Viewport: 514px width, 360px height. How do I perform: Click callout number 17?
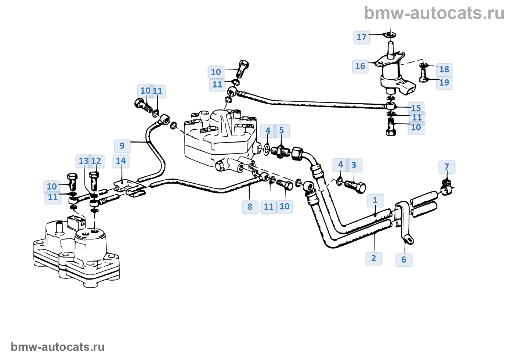point(362,37)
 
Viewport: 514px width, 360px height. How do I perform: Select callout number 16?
point(360,66)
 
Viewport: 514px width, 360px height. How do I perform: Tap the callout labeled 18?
point(444,69)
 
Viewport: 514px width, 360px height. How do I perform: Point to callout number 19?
point(444,83)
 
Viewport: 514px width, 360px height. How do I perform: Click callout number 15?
point(416,108)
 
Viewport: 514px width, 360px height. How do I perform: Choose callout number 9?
point(122,146)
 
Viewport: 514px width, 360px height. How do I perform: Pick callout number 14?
point(121,161)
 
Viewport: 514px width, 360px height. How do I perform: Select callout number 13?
point(83,161)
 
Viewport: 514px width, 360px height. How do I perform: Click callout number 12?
point(96,161)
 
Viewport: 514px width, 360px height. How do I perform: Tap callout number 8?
point(250,207)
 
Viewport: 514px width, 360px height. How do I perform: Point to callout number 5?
point(282,131)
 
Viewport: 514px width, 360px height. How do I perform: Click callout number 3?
point(354,165)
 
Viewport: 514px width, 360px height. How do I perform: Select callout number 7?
point(447,167)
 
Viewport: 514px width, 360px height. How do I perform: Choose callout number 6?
point(404,260)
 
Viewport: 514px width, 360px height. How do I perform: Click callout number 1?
point(375,201)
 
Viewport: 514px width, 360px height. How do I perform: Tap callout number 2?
point(374,258)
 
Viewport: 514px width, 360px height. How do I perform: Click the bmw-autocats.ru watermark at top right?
point(434,13)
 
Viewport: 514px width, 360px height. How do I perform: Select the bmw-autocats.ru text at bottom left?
point(58,347)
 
